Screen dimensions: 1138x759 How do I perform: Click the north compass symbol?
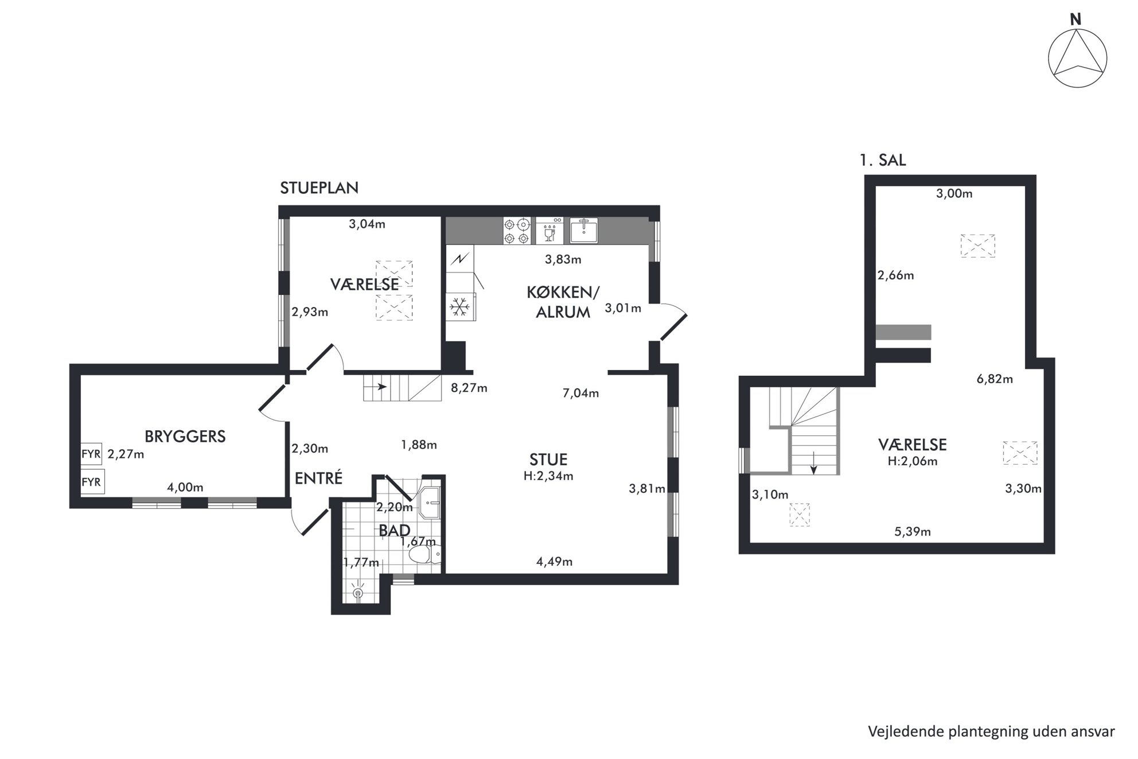[x=1077, y=59]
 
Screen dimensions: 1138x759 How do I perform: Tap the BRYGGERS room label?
[x=185, y=437]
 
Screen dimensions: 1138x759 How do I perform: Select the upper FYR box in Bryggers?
[x=91, y=454]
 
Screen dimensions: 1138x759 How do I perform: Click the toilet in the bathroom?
[x=425, y=554]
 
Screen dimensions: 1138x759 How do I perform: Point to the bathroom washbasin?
[x=430, y=503]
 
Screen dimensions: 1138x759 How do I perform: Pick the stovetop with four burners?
[x=516, y=231]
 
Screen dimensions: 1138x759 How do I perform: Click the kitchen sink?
[x=584, y=231]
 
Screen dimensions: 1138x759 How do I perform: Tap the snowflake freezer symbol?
[x=459, y=307]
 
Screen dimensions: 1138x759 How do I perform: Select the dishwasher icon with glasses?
[x=549, y=231]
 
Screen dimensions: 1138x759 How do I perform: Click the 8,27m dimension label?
[x=469, y=388]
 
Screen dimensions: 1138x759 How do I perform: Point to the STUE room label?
[x=549, y=460]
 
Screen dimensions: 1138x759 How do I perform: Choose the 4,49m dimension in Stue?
[x=554, y=562]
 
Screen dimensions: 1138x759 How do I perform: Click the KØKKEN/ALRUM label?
[x=563, y=302]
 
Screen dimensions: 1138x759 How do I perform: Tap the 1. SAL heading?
[x=883, y=160]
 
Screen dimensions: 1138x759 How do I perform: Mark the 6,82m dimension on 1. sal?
[x=995, y=379]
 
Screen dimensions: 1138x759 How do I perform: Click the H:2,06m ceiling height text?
[x=912, y=461]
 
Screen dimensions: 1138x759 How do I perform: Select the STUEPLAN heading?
[x=319, y=188]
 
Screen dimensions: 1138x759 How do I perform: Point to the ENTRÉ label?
[x=318, y=478]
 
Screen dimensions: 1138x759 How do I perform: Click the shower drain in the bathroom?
[x=358, y=593]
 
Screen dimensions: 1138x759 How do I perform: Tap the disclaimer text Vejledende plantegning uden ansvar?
[x=991, y=732]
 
